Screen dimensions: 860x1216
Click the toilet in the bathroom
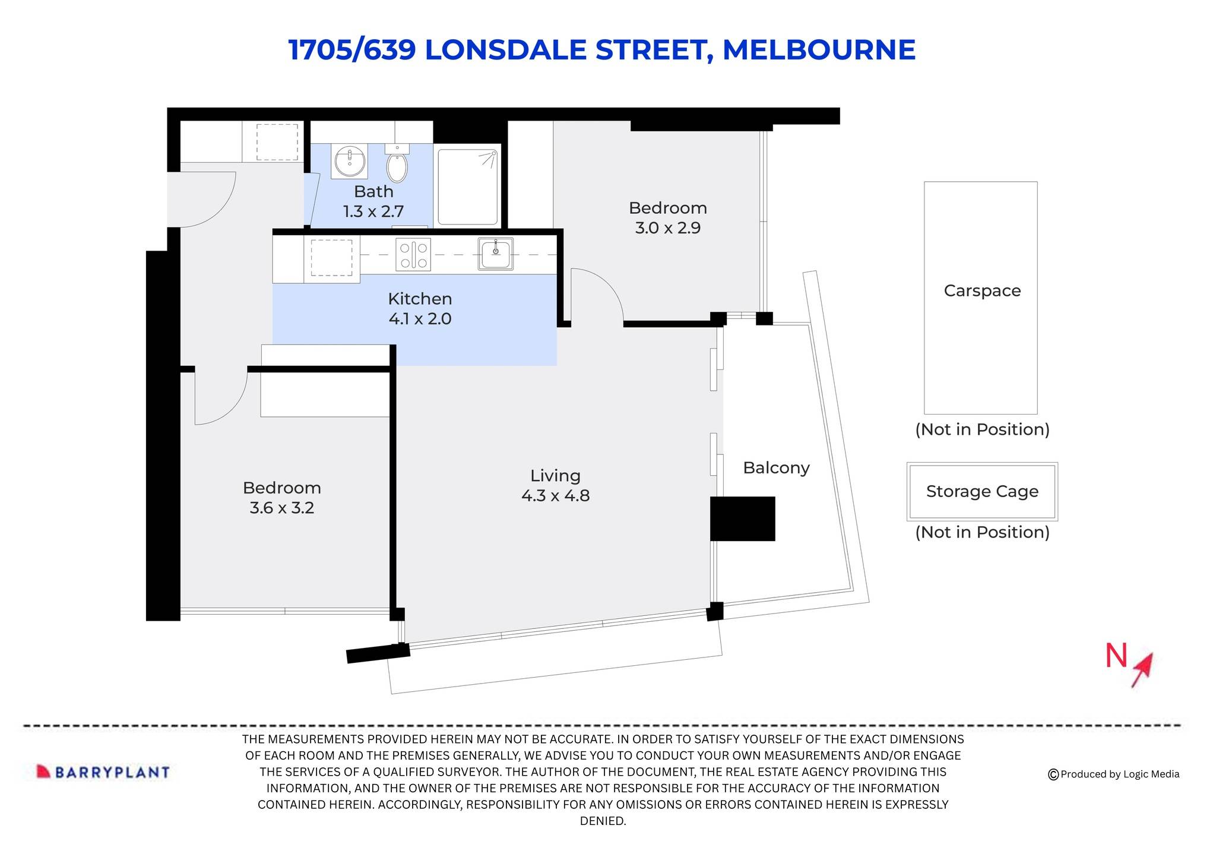pyautogui.click(x=397, y=166)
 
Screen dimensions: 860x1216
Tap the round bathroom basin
pyautogui.click(x=349, y=160)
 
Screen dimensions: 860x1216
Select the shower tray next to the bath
pyautogui.click(x=468, y=186)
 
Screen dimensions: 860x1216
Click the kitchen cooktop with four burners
pyautogui.click(x=413, y=255)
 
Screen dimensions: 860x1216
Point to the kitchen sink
pyautogui.click(x=496, y=254)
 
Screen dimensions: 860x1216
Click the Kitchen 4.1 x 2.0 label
pyautogui.click(x=420, y=309)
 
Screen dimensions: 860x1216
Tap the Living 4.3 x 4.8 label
pyautogui.click(x=555, y=485)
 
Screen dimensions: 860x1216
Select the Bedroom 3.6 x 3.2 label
pyautogui.click(x=282, y=498)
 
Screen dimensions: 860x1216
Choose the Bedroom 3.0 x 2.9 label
pyautogui.click(x=668, y=217)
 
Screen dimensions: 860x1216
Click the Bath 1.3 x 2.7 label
pyautogui.click(x=373, y=201)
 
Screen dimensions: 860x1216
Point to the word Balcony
pyautogui.click(x=776, y=468)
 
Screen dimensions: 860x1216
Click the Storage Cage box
pyautogui.click(x=982, y=491)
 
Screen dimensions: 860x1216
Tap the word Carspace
pyautogui.click(x=982, y=291)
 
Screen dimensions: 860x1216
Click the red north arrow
pyautogui.click(x=1143, y=670)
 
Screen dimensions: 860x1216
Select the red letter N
pyautogui.click(x=1116, y=656)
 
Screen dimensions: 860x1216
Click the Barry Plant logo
pyautogui.click(x=103, y=772)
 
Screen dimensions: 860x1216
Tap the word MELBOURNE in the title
pyautogui.click(x=819, y=50)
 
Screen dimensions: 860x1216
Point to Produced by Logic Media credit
pyautogui.click(x=1114, y=774)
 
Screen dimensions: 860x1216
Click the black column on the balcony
pyautogui.click(x=743, y=518)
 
